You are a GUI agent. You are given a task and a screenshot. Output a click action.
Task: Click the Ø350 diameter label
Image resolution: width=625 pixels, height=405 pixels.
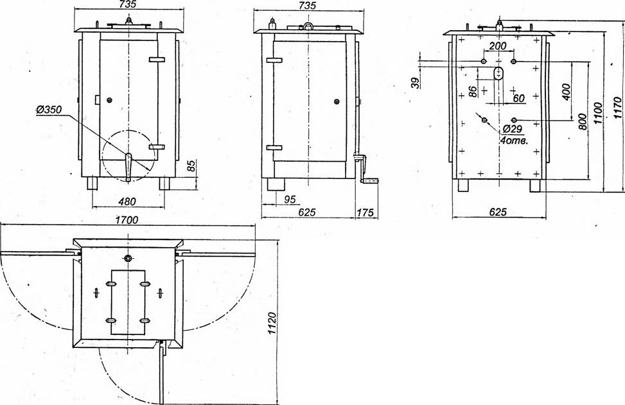(49, 110)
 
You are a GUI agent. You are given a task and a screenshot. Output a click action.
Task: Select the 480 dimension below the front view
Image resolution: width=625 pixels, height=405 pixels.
(128, 202)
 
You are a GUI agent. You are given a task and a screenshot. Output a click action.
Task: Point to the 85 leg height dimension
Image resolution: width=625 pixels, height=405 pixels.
(191, 167)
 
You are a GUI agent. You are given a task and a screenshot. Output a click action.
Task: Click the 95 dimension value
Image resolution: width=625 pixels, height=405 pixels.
(290, 199)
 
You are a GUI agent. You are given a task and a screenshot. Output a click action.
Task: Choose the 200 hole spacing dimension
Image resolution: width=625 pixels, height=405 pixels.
(498, 46)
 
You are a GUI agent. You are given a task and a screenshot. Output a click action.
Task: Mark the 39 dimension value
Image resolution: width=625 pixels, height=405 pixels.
(416, 83)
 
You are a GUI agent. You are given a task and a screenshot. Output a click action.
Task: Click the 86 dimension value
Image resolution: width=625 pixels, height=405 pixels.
(473, 91)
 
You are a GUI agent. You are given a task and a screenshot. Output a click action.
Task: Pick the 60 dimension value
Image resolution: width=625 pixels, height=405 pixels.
(519, 98)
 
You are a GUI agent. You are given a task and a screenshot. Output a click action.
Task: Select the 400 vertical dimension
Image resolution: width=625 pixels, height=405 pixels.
(566, 92)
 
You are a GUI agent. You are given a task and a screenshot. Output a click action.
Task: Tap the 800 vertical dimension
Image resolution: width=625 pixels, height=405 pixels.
(582, 122)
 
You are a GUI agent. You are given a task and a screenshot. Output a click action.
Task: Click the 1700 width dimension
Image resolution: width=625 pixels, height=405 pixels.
(127, 220)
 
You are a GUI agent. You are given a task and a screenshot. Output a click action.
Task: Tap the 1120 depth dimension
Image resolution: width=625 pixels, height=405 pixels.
(272, 323)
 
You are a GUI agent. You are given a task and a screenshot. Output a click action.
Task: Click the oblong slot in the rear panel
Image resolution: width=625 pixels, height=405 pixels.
(498, 74)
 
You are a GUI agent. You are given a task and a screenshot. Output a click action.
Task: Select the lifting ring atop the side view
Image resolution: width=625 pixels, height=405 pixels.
(308, 26)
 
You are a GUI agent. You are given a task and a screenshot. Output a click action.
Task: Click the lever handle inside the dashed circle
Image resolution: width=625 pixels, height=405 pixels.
(128, 167)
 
